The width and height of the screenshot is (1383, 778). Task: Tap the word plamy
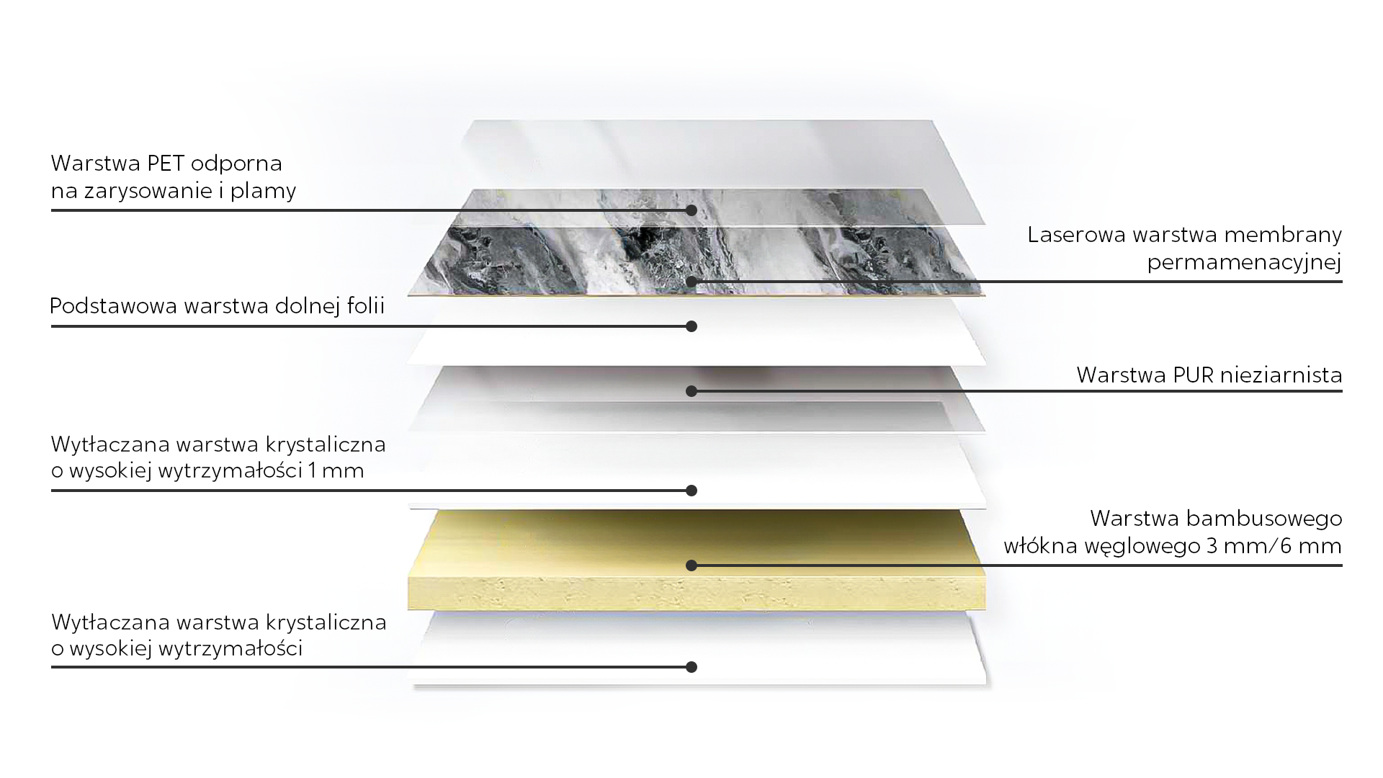tap(263, 192)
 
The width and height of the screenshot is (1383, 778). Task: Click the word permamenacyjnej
tap(1244, 262)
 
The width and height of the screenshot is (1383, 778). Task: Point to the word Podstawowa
tap(114, 305)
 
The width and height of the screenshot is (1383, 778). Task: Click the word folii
tap(366, 305)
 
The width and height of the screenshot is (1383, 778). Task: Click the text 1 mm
tap(336, 470)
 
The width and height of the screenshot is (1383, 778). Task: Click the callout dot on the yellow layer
tap(691, 565)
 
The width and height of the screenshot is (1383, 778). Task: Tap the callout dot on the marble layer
tap(691, 282)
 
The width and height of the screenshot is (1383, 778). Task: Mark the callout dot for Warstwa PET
tap(691, 210)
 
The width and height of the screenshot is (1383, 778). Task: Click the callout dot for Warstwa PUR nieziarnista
tap(691, 391)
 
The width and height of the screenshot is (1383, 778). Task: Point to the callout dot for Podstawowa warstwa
tap(691, 326)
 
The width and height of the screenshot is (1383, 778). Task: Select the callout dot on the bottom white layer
tap(691, 667)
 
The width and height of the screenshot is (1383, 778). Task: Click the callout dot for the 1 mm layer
tap(691, 491)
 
